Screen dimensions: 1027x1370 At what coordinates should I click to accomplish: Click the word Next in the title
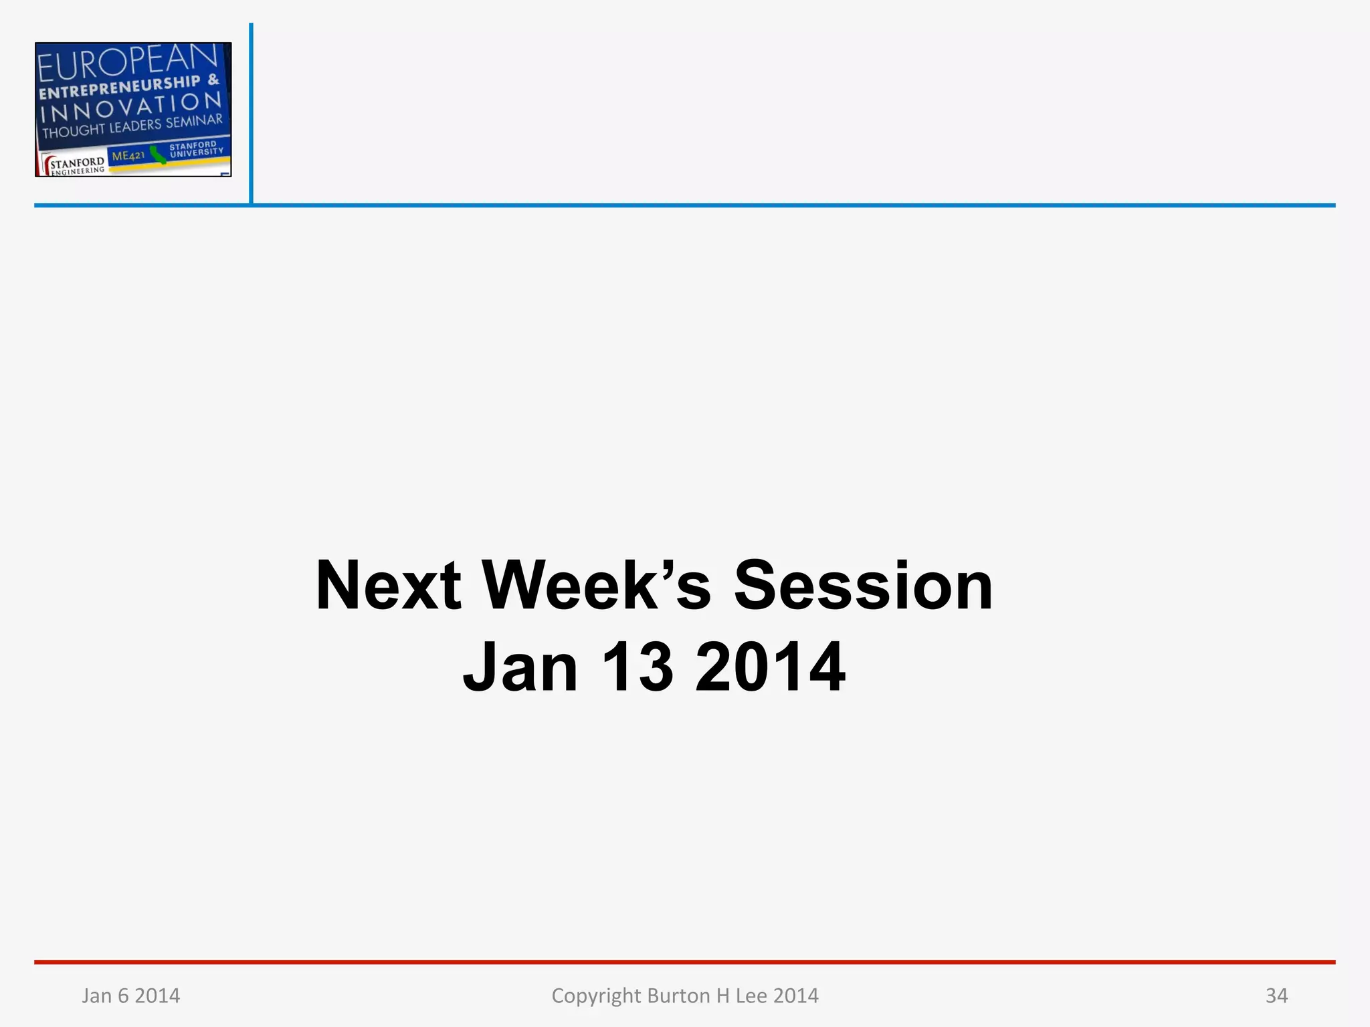(x=388, y=586)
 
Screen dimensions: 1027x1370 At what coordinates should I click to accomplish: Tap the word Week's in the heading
(x=595, y=586)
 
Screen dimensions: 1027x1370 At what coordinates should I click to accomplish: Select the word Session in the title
(x=863, y=586)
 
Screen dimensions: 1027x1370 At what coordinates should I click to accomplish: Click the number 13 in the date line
(x=636, y=667)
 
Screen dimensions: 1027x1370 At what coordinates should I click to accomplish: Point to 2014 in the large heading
(x=770, y=667)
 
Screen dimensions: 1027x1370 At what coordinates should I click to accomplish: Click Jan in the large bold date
(x=520, y=667)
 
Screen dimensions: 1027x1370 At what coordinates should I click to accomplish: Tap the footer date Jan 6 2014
(x=130, y=996)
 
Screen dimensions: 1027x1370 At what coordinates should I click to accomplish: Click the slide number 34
(x=1276, y=996)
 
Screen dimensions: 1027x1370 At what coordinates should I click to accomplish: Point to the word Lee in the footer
(x=751, y=996)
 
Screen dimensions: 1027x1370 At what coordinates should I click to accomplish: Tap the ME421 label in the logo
(x=128, y=156)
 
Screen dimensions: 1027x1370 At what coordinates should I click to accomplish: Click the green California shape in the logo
(x=158, y=155)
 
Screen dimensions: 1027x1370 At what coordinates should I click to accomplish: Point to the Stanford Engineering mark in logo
(x=75, y=165)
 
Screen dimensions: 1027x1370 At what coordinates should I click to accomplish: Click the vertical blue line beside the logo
(x=251, y=114)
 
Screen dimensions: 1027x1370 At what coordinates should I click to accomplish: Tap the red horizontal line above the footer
(x=685, y=962)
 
